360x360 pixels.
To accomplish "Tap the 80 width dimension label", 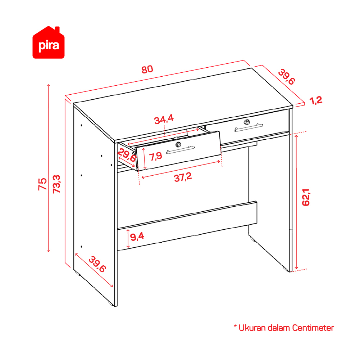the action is (x=147, y=69).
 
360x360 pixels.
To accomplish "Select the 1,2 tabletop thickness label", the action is (x=316, y=100).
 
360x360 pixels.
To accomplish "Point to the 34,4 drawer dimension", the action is (x=164, y=119).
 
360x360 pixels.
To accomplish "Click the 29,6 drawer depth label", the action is (x=127, y=155).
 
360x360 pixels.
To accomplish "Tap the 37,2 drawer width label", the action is (x=183, y=177).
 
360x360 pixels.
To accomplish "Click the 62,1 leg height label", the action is (x=306, y=197).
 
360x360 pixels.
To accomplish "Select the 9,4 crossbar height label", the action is (x=137, y=237).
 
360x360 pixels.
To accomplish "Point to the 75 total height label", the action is (x=42, y=184).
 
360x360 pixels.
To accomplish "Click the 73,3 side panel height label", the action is (x=56, y=184).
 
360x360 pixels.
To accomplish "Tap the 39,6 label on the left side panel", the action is (x=97, y=264).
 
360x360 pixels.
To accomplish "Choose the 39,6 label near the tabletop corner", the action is (x=287, y=77).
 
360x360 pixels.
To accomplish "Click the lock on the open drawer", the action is (x=178, y=144).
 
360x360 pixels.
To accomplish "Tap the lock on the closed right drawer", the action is (x=247, y=122).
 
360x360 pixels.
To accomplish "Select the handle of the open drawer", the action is (x=181, y=150).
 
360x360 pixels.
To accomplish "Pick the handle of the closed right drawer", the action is (x=249, y=128).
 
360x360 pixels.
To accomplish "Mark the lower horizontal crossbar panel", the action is (x=187, y=226).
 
